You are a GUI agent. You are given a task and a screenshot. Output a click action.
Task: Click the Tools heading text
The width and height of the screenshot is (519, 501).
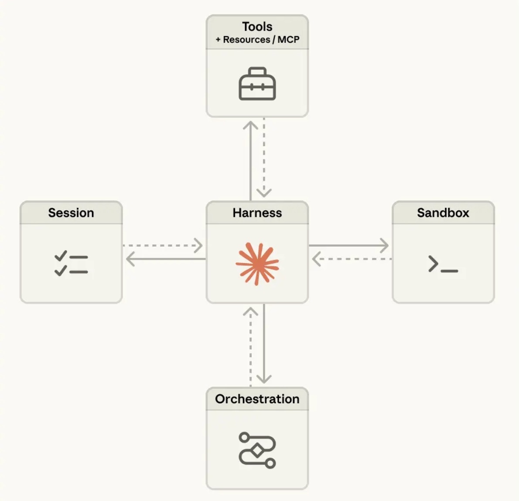click(257, 27)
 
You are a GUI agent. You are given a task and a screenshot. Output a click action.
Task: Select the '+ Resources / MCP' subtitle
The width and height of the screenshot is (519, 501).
click(257, 40)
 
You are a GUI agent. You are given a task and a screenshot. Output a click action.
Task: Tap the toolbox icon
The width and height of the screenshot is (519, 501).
click(257, 84)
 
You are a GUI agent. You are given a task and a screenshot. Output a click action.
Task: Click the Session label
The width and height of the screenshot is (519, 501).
click(71, 213)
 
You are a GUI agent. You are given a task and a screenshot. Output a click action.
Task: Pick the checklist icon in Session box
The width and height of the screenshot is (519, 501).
click(71, 264)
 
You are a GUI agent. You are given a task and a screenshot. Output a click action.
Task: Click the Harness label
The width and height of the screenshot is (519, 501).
click(257, 213)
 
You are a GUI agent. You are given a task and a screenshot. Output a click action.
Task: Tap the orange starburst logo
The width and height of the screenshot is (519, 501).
click(257, 264)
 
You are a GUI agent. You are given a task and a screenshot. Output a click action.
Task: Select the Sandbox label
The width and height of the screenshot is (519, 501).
click(443, 213)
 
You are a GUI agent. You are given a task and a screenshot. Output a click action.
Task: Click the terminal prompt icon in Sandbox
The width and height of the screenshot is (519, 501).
click(443, 264)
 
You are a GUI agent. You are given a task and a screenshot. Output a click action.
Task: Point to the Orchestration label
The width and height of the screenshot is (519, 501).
click(257, 399)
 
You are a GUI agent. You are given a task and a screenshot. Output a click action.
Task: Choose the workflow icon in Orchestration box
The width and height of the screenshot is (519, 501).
click(257, 450)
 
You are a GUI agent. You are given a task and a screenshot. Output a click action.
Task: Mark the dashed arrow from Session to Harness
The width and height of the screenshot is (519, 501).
click(164, 246)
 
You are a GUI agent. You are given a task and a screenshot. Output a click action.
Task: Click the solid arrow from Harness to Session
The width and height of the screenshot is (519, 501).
click(166, 259)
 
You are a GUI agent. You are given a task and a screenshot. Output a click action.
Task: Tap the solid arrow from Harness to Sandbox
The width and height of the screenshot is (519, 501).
click(349, 246)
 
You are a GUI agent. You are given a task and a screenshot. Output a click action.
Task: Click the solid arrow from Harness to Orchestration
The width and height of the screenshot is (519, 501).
click(264, 345)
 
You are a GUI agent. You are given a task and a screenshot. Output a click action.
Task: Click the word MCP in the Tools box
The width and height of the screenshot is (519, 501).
click(288, 40)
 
